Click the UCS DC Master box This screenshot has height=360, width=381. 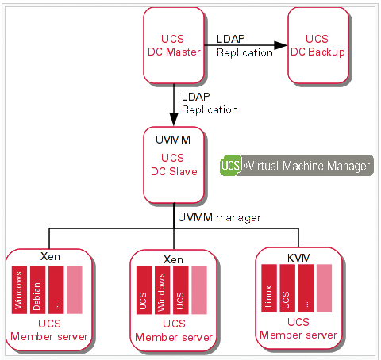pyautogui.click(x=175, y=45)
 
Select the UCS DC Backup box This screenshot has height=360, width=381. pyautogui.click(x=317, y=45)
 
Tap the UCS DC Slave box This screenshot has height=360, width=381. pyautogui.click(x=175, y=164)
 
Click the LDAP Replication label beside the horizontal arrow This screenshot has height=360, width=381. pyautogui.click(x=244, y=46)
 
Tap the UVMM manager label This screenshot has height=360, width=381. pyautogui.click(x=218, y=216)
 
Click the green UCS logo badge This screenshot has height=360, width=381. pyautogui.click(x=231, y=166)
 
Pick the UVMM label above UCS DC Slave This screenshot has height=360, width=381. pyautogui.click(x=175, y=140)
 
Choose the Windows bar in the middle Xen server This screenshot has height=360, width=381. pyautogui.click(x=162, y=291)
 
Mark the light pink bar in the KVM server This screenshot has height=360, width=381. pyautogui.click(x=324, y=288)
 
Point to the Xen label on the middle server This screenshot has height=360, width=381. pyautogui.click(x=174, y=259)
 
